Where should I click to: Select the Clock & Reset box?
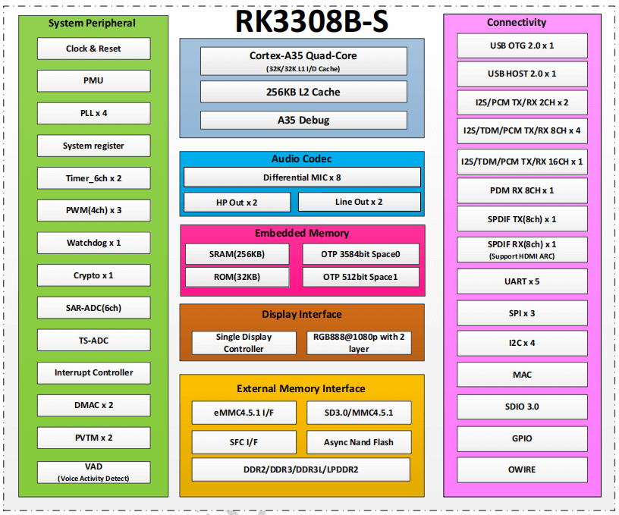93,49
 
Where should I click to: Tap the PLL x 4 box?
93,113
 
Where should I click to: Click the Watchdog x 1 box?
93,243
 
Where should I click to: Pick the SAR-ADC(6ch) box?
93,308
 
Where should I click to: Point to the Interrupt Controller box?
93,372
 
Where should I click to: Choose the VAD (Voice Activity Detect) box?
93,472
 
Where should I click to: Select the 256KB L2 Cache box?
303,92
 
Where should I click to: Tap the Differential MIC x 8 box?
302,177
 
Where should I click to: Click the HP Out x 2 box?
237,202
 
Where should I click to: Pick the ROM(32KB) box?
237,277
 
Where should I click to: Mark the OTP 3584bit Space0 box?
360,253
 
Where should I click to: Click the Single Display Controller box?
244,343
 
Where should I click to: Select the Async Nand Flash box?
359,442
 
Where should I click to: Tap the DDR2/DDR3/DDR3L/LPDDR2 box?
300,469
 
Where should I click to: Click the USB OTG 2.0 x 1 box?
522,46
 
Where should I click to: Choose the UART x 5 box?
522,281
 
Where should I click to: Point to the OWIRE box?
522,469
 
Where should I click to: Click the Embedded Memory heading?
302,234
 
